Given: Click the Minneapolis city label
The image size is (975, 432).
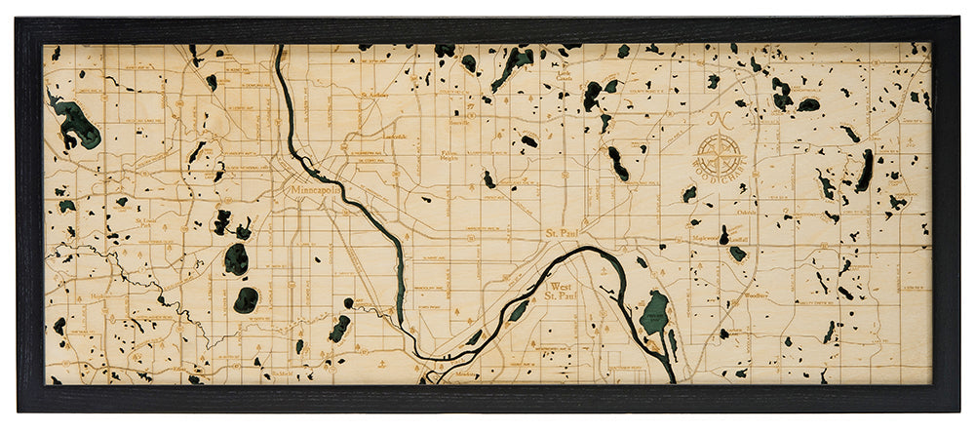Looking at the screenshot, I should tap(314, 192).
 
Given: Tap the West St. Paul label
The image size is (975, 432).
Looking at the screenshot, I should tap(558, 292).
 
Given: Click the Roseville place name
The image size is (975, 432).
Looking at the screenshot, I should tap(458, 123).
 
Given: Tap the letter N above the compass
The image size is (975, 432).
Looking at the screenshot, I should tap(720, 121).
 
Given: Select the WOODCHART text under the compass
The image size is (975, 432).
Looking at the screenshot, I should tap(720, 183).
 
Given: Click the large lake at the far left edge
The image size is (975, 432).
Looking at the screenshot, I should tap(76, 124).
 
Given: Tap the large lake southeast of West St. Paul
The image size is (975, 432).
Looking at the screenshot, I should tap(655, 314).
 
